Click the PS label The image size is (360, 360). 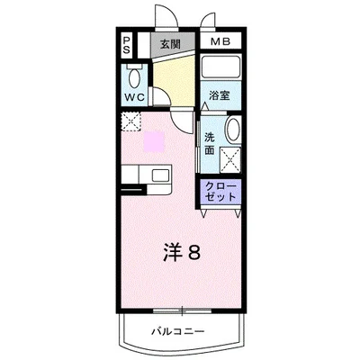tap(128, 47)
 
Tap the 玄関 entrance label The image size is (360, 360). tap(170, 42)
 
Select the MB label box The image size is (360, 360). tap(219, 42)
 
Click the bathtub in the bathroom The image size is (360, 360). tap(221, 69)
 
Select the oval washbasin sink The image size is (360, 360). tap(233, 131)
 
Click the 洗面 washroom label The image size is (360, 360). tap(210, 144)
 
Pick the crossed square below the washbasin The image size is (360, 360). tap(229, 160)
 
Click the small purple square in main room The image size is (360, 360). tap(155, 141)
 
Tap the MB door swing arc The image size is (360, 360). tap(209, 21)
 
